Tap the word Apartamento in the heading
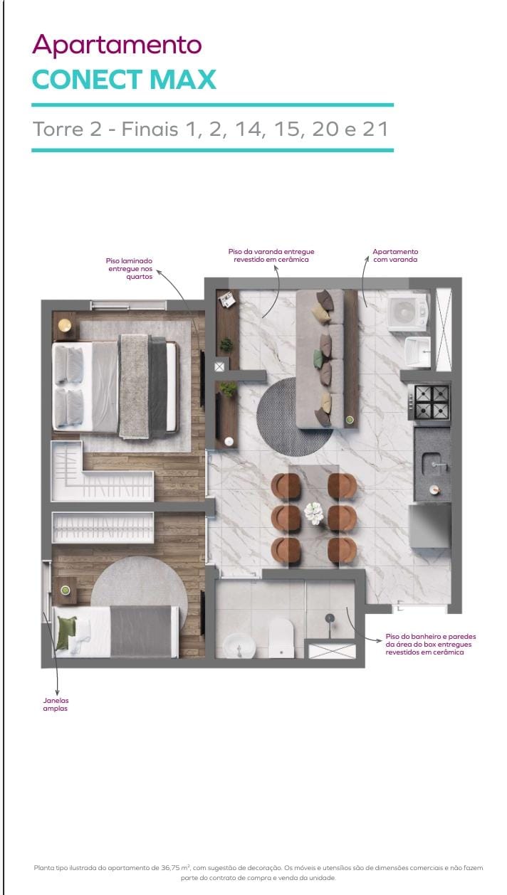pyautogui.click(x=117, y=45)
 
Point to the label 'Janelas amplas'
pyautogui.click(x=56, y=704)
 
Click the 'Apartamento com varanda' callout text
pyautogui.click(x=395, y=255)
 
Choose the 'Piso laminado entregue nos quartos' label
pyautogui.click(x=130, y=268)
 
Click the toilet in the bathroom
pyautogui.click(x=281, y=637)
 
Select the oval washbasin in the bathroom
pyautogui.click(x=239, y=646)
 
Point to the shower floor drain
pyautogui.click(x=330, y=618)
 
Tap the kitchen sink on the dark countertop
pyautogui.click(x=434, y=465)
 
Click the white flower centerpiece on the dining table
pyautogui.click(x=313, y=512)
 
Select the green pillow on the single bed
pyautogui.click(x=67, y=632)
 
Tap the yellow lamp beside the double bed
pyautogui.click(x=65, y=326)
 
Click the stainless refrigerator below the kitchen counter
pyautogui.click(x=429, y=525)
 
